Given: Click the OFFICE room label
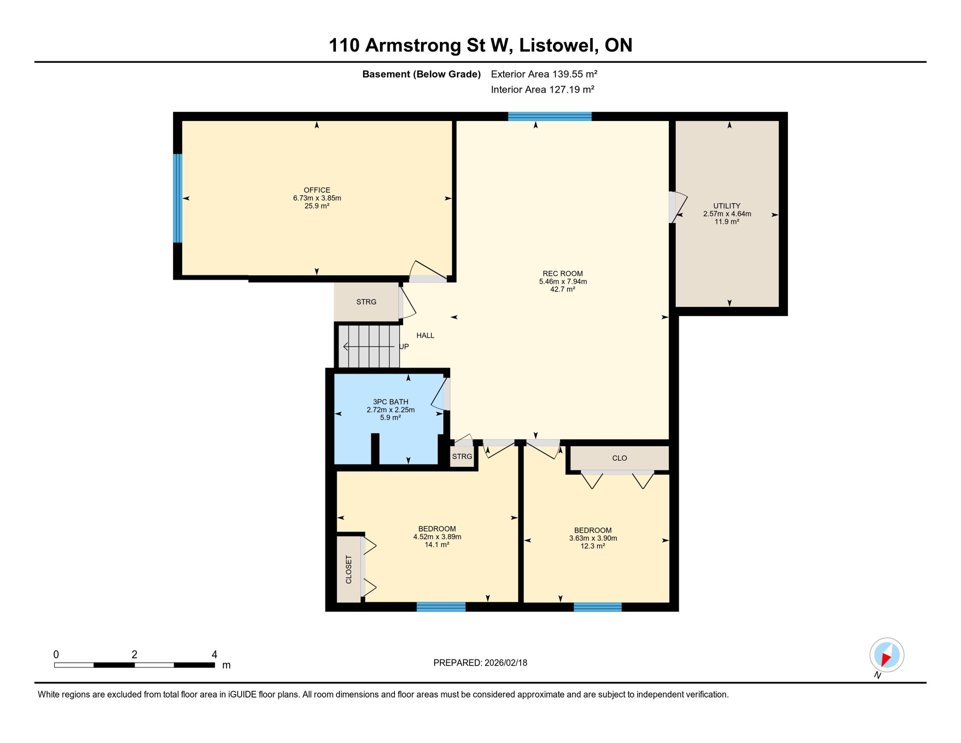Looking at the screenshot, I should [x=317, y=190].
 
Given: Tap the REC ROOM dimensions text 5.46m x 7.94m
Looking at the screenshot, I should [x=563, y=282].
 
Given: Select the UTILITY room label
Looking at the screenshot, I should [x=727, y=206].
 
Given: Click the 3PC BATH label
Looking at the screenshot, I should [x=391, y=402].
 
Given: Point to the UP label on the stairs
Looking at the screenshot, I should [x=404, y=347].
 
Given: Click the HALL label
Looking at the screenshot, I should [x=425, y=336].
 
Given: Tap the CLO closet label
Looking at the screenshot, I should [x=619, y=458].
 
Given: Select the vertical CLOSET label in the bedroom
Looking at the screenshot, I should [x=349, y=569].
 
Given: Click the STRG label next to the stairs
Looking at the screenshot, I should [x=366, y=302].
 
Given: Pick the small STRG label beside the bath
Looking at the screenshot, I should [x=462, y=457].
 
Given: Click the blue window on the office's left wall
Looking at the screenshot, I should [x=178, y=198].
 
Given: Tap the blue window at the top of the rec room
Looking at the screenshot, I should [x=550, y=116].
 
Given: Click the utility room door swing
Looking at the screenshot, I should [x=679, y=207].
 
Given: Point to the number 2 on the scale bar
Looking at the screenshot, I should [x=134, y=655].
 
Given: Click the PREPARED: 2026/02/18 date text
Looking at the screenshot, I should [x=480, y=663].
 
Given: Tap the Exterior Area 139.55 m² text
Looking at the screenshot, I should [x=544, y=74].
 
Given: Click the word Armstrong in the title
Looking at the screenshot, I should [x=413, y=45].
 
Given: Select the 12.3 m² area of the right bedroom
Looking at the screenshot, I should [x=593, y=547].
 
